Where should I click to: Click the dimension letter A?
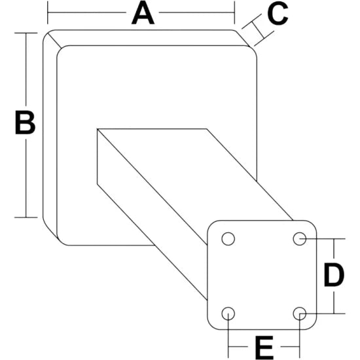[x=143, y=12]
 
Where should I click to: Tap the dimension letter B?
[x=25, y=122]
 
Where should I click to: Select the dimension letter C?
[x=278, y=13]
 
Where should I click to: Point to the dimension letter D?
[x=334, y=276]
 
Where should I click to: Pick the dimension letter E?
[x=264, y=348]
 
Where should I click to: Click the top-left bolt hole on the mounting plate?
[x=228, y=239]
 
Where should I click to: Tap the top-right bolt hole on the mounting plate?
[x=300, y=239]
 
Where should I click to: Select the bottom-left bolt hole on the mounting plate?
[x=228, y=314]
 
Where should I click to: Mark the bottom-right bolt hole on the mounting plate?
[x=300, y=314]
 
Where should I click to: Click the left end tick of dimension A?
[x=48, y=12]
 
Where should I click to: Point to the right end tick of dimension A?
[x=234, y=12]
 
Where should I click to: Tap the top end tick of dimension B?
[x=26, y=33]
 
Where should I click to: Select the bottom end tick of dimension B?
[x=26, y=217]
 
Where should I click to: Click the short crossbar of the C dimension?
[x=258, y=30]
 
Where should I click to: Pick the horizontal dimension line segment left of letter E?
[x=238, y=347]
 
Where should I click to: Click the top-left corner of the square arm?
[x=98, y=129]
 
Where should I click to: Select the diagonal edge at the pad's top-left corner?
[x=54, y=41]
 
